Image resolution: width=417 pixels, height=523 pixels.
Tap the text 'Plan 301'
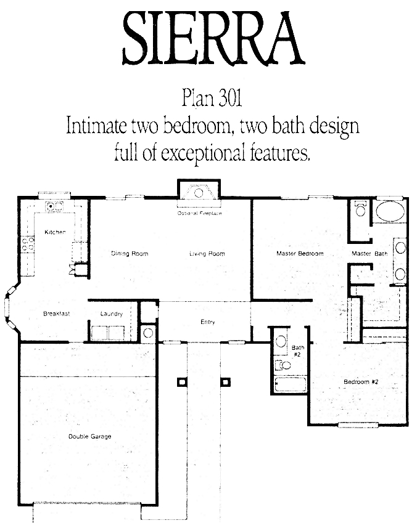click(212, 99)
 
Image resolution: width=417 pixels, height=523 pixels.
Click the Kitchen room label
click(55, 232)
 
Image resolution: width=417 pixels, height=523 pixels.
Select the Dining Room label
click(130, 254)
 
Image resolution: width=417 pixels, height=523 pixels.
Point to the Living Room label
click(207, 254)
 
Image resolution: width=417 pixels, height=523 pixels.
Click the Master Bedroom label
click(300, 254)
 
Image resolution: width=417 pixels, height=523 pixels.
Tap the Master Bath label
click(370, 254)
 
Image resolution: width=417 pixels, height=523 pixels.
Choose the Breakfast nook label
click(57, 314)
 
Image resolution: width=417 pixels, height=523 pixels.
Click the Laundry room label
click(112, 314)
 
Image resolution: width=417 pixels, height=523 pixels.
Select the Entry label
click(207, 322)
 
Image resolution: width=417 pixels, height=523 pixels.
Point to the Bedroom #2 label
click(361, 381)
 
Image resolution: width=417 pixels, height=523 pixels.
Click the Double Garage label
click(89, 436)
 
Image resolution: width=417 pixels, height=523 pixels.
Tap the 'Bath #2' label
click(297, 351)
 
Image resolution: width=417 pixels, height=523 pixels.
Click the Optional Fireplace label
click(199, 213)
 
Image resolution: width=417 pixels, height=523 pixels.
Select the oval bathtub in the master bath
click(390, 211)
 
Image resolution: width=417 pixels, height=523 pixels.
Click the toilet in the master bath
click(360, 208)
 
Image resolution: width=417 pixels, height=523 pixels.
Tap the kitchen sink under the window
click(54, 206)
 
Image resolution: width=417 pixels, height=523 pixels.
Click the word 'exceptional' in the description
click(204, 153)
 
